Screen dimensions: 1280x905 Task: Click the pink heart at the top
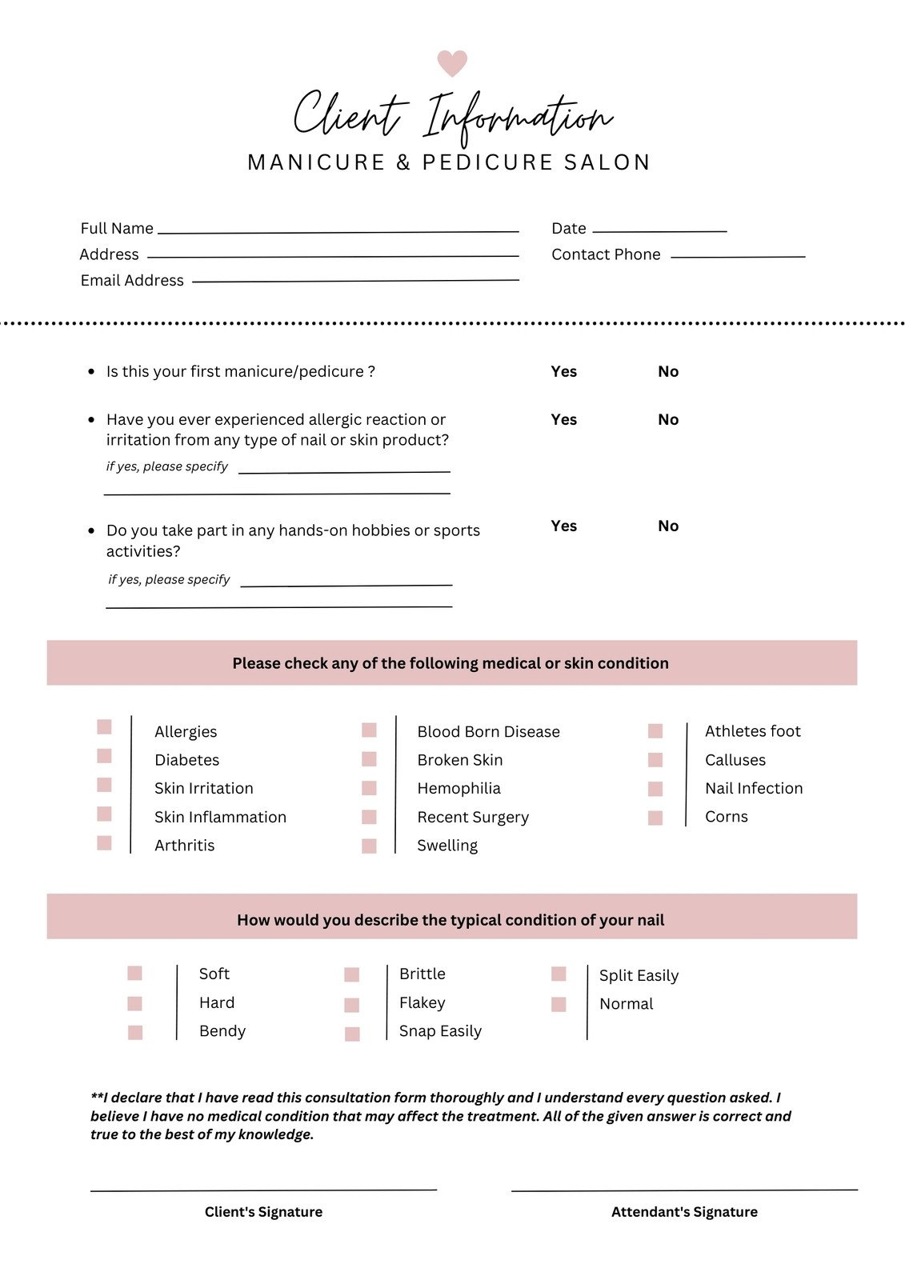pyautogui.click(x=451, y=62)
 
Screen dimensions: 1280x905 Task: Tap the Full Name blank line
pyautogui.click(x=338, y=231)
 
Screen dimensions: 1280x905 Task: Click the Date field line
pyautogui.click(x=659, y=231)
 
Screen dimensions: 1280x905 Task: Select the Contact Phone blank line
pyautogui.click(x=737, y=256)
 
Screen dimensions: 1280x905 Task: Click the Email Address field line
pyautogui.click(x=355, y=281)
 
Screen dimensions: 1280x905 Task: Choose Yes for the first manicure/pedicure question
pyautogui.click(x=563, y=371)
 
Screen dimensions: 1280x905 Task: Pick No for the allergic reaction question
pyautogui.click(x=667, y=419)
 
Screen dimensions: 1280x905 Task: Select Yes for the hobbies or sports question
pyautogui.click(x=563, y=526)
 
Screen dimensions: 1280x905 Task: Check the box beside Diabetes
pyautogui.click(x=104, y=756)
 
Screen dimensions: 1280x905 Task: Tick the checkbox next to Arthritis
pyautogui.click(x=104, y=842)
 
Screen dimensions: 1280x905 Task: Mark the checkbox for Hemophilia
pyautogui.click(x=369, y=788)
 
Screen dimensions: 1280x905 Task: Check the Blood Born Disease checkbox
pyautogui.click(x=369, y=730)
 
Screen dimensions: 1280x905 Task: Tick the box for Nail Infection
pyautogui.click(x=655, y=789)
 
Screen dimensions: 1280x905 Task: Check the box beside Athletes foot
pyautogui.click(x=655, y=731)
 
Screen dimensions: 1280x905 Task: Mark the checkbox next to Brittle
pyautogui.click(x=352, y=974)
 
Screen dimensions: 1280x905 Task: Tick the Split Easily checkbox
pyautogui.click(x=559, y=974)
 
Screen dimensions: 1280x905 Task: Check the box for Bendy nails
pyautogui.click(x=135, y=1032)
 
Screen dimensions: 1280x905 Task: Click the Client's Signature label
pyautogui.click(x=263, y=1212)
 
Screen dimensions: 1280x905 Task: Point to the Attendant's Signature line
pyautogui.click(x=684, y=1190)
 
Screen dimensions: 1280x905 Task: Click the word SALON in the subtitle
pyautogui.click(x=607, y=162)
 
